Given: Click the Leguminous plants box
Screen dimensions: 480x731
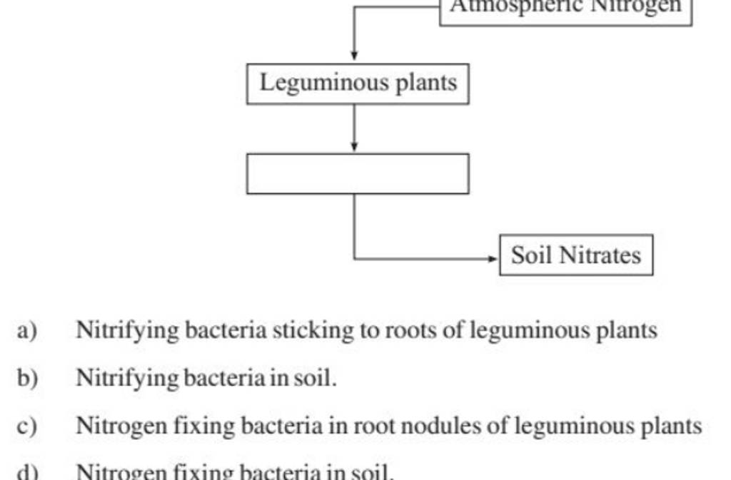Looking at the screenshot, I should point(358,84).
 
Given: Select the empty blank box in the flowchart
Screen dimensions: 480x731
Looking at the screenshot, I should point(358,173).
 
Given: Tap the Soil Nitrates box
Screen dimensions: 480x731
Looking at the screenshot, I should point(576,255).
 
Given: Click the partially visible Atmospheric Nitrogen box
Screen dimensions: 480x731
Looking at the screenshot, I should point(565,10).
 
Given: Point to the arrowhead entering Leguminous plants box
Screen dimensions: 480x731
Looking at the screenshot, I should point(354,56).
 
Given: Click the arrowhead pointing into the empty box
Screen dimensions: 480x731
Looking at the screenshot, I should point(354,146).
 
